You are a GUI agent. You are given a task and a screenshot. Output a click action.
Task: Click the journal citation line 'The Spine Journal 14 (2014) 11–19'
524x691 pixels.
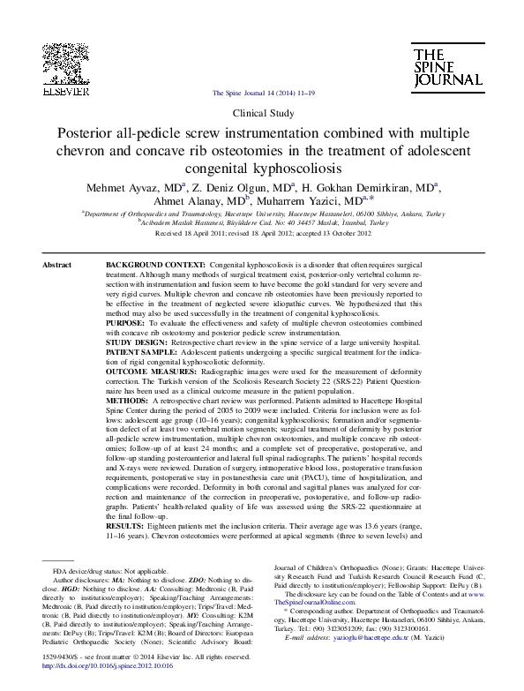[261, 93]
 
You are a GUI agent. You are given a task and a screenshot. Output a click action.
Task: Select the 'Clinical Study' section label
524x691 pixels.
[261, 115]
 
